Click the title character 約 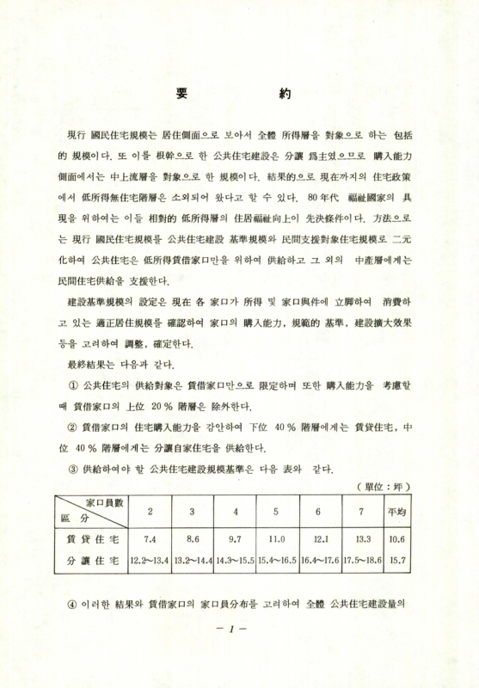286,93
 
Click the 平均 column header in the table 396,513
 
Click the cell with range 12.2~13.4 150,561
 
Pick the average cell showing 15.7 396,561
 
